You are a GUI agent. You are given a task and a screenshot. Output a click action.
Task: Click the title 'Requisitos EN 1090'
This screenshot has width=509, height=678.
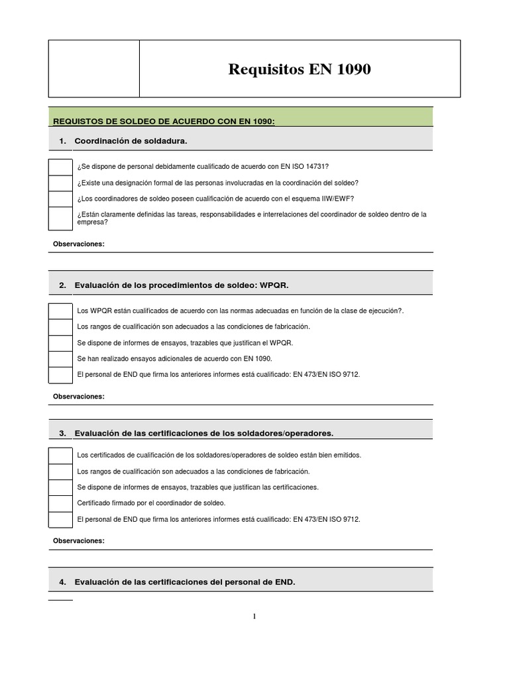tap(300, 69)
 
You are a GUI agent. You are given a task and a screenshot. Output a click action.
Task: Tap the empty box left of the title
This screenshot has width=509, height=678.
tap(93, 69)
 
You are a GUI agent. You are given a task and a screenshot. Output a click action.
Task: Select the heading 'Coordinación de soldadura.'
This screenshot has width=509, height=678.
tap(131, 141)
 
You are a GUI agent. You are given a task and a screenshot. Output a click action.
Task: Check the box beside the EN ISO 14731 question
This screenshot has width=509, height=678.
tap(60, 167)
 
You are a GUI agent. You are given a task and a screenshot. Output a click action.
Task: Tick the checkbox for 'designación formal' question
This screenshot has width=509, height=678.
tap(60, 183)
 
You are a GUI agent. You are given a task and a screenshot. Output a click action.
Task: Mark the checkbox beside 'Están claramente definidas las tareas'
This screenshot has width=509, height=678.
tap(60, 218)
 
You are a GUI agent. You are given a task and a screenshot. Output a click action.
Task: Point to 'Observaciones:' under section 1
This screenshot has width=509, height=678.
tap(79, 244)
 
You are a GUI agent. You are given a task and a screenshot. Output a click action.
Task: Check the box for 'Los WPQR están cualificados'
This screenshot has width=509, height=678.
tap(60, 311)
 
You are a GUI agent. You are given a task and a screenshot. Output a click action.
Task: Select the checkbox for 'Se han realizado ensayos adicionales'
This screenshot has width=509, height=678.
tap(60, 359)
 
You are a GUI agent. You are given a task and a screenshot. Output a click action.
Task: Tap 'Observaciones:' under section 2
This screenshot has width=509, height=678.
tap(79, 397)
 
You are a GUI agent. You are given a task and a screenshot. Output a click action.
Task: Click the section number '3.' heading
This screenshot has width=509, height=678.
tap(62, 434)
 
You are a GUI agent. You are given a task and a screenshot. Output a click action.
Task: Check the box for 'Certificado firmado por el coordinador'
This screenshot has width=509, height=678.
tap(60, 503)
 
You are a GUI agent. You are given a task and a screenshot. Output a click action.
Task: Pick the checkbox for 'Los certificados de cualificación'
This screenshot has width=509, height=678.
tap(60, 456)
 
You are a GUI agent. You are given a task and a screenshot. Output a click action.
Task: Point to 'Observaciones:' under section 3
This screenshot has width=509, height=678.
tap(79, 541)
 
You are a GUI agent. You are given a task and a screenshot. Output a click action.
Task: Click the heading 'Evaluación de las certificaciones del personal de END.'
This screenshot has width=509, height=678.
tap(185, 582)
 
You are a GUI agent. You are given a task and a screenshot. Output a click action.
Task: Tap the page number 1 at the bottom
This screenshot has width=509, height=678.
tap(254, 616)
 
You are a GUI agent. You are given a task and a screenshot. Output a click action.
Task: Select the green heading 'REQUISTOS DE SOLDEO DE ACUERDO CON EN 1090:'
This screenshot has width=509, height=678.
tap(164, 121)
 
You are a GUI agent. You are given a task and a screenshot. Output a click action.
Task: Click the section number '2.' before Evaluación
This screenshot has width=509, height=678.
tap(62, 285)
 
